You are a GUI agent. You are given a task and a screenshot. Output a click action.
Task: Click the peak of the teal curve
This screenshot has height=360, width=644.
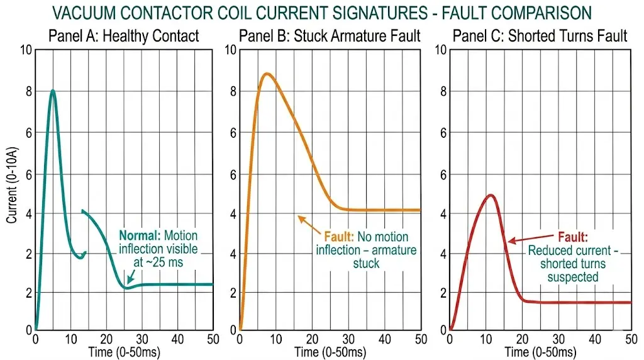[53, 91]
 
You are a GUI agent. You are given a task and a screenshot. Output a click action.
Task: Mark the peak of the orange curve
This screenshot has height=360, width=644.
[267, 74]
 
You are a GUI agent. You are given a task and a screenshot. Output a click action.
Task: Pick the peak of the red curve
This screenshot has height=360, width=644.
[491, 195]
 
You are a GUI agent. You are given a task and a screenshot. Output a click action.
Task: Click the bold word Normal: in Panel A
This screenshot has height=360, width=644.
[140, 236]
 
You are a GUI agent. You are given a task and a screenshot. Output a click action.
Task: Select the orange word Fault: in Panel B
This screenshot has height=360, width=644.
[340, 237]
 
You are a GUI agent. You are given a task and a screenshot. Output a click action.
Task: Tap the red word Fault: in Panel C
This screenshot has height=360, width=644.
[572, 238]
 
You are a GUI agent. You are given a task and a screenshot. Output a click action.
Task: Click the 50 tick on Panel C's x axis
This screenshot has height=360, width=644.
[630, 339]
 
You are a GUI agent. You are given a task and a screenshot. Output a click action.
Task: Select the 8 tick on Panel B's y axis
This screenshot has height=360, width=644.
[231, 92]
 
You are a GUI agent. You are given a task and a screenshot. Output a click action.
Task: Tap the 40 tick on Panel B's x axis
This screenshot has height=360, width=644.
[383, 339]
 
